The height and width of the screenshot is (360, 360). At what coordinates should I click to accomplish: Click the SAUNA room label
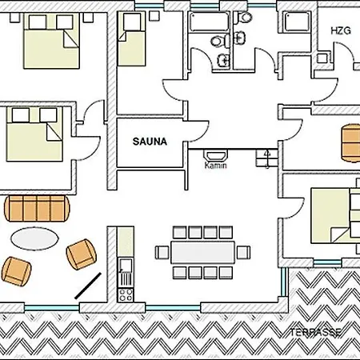pyautogui.click(x=150, y=142)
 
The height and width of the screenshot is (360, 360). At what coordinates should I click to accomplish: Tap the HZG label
pyautogui.click(x=341, y=31)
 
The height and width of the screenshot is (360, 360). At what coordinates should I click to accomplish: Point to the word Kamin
pyautogui.click(x=215, y=166)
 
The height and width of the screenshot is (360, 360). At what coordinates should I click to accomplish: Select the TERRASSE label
pyautogui.click(x=316, y=333)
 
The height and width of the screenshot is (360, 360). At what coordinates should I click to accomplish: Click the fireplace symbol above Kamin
pyautogui.click(x=216, y=155)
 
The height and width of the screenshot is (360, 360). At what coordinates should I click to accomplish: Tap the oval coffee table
pyautogui.click(x=34, y=238)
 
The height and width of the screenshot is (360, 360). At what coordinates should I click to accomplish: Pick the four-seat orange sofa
pyautogui.click(x=37, y=209)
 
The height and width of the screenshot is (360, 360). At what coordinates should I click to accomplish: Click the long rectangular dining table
pyautogui.click(x=202, y=252)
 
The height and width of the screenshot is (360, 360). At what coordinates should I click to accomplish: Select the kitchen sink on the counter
pyautogui.click(x=126, y=265)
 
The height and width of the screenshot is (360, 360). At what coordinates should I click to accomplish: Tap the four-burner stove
pyautogui.click(x=126, y=295)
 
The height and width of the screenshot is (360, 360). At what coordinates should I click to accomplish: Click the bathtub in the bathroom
pyautogui.click(x=210, y=22)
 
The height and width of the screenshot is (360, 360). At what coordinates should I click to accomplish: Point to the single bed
pyautogui.click(x=132, y=39)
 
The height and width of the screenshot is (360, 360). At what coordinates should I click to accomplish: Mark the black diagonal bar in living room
pyautogui.click(x=88, y=286)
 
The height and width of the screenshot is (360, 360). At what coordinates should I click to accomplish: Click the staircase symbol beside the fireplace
pyautogui.click(x=267, y=158)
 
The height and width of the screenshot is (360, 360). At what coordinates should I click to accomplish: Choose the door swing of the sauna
pyautogui.click(x=198, y=131)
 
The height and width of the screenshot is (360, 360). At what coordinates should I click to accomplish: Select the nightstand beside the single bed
pyautogui.click(x=154, y=16)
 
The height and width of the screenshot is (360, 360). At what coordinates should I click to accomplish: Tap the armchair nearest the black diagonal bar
pyautogui.click(x=82, y=254)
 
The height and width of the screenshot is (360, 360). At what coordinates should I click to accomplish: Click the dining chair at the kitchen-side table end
pyautogui.click(x=162, y=252)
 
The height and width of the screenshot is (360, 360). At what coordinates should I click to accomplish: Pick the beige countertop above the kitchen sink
pyautogui.click(x=126, y=242)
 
